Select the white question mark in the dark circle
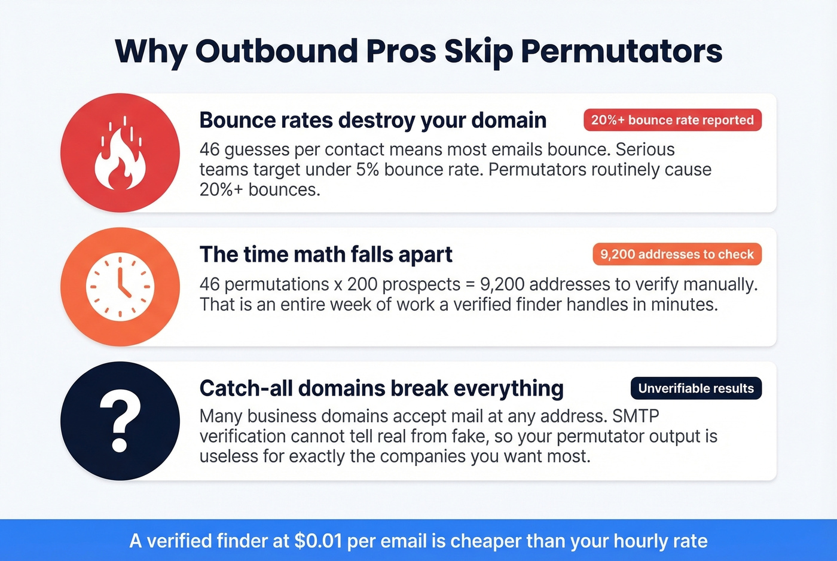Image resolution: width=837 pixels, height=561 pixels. point(120,421)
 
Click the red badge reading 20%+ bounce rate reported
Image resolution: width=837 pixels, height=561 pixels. point(672,120)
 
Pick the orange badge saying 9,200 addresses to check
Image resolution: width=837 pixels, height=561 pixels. point(677,255)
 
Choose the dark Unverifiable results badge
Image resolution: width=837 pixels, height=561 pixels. point(696,388)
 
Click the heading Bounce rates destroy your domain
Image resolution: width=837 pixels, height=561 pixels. point(372,120)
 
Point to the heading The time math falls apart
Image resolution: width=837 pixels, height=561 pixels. point(326,255)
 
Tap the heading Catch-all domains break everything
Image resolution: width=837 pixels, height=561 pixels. point(381,388)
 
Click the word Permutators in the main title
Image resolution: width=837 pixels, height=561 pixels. point(622,51)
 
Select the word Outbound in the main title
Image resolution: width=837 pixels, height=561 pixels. point(276,51)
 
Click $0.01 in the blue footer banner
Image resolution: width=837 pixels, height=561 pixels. point(318,541)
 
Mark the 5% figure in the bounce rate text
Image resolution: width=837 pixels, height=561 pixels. point(368,170)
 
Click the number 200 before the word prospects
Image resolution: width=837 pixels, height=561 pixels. point(363,284)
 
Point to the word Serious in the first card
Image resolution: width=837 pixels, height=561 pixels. point(645,149)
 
